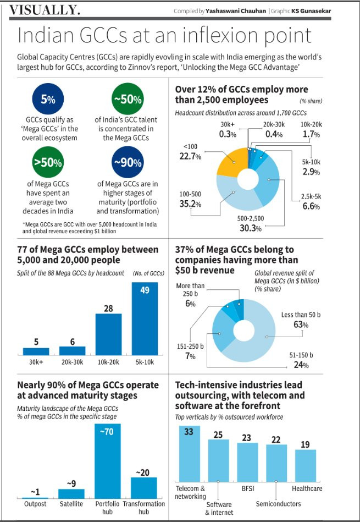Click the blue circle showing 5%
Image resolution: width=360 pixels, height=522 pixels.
click(x=48, y=99)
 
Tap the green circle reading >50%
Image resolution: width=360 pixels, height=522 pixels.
click(x=48, y=162)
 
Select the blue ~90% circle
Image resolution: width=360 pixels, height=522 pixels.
click(x=128, y=162)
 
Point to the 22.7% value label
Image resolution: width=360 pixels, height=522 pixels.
click(x=190, y=156)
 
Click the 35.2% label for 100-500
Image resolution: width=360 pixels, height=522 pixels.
click(x=190, y=204)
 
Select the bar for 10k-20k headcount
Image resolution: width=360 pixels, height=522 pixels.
click(x=108, y=334)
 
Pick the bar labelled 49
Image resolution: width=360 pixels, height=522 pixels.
click(x=145, y=318)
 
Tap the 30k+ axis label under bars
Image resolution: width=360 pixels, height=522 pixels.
click(x=36, y=362)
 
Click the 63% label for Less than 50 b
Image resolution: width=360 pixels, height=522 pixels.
click(x=301, y=324)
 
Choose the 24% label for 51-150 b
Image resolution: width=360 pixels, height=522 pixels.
click(x=301, y=365)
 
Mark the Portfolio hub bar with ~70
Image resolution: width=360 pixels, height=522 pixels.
click(x=108, y=461)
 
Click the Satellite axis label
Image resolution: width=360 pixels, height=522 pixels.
click(x=71, y=504)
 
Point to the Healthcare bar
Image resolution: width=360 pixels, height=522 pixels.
click(x=306, y=465)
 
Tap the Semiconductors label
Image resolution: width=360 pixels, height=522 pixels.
click(x=278, y=504)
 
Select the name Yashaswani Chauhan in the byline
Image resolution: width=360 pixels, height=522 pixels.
click(x=236, y=11)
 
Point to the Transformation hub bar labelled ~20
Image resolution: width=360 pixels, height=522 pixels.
click(x=144, y=488)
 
